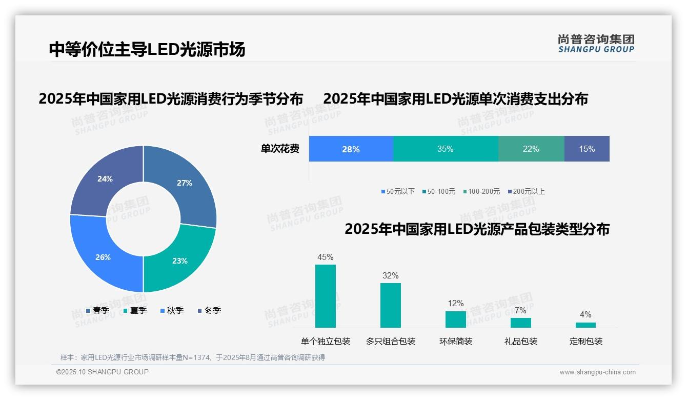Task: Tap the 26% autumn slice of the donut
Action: [x=102, y=257]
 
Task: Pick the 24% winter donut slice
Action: [x=105, y=179]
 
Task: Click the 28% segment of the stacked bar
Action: [x=351, y=149]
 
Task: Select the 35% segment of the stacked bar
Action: [x=445, y=149]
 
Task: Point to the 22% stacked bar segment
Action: [x=531, y=149]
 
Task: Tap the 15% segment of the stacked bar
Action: [x=587, y=149]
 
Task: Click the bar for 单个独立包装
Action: [x=326, y=296]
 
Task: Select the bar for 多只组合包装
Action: [x=390, y=305]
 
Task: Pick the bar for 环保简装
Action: [x=455, y=319]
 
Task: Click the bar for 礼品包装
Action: [x=520, y=323]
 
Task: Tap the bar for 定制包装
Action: [x=585, y=325]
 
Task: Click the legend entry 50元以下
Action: [x=398, y=191]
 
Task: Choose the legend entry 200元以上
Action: [x=526, y=191]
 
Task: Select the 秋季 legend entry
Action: [x=172, y=310]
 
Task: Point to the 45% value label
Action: [x=326, y=257]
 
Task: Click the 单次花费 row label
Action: [x=280, y=149]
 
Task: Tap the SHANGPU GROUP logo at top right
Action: [x=596, y=44]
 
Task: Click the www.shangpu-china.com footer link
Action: [x=597, y=372]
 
